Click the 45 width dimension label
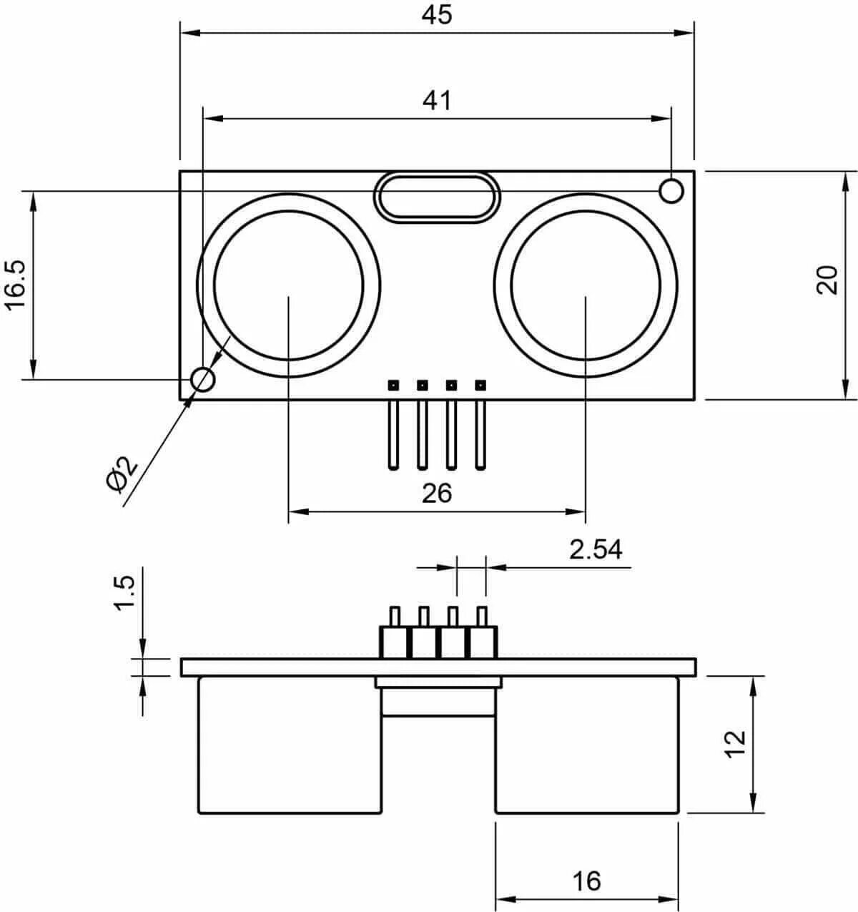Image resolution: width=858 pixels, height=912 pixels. (437, 15)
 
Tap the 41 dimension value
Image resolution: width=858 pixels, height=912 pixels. (437, 101)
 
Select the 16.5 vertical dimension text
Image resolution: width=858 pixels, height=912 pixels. (16, 284)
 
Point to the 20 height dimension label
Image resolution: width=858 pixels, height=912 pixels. (827, 280)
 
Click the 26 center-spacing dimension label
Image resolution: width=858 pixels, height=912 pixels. (437, 493)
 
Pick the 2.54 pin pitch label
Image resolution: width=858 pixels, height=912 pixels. (596, 549)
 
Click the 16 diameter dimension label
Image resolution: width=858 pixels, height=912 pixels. (587, 881)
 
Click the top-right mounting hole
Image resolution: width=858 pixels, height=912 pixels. (671, 191)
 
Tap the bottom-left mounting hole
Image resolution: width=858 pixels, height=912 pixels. (203, 379)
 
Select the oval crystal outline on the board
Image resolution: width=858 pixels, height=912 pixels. (436, 197)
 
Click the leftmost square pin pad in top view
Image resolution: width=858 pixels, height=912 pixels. (393, 385)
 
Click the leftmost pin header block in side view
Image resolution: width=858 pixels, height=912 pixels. (393, 642)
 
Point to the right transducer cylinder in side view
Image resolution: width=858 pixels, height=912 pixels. (586, 745)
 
